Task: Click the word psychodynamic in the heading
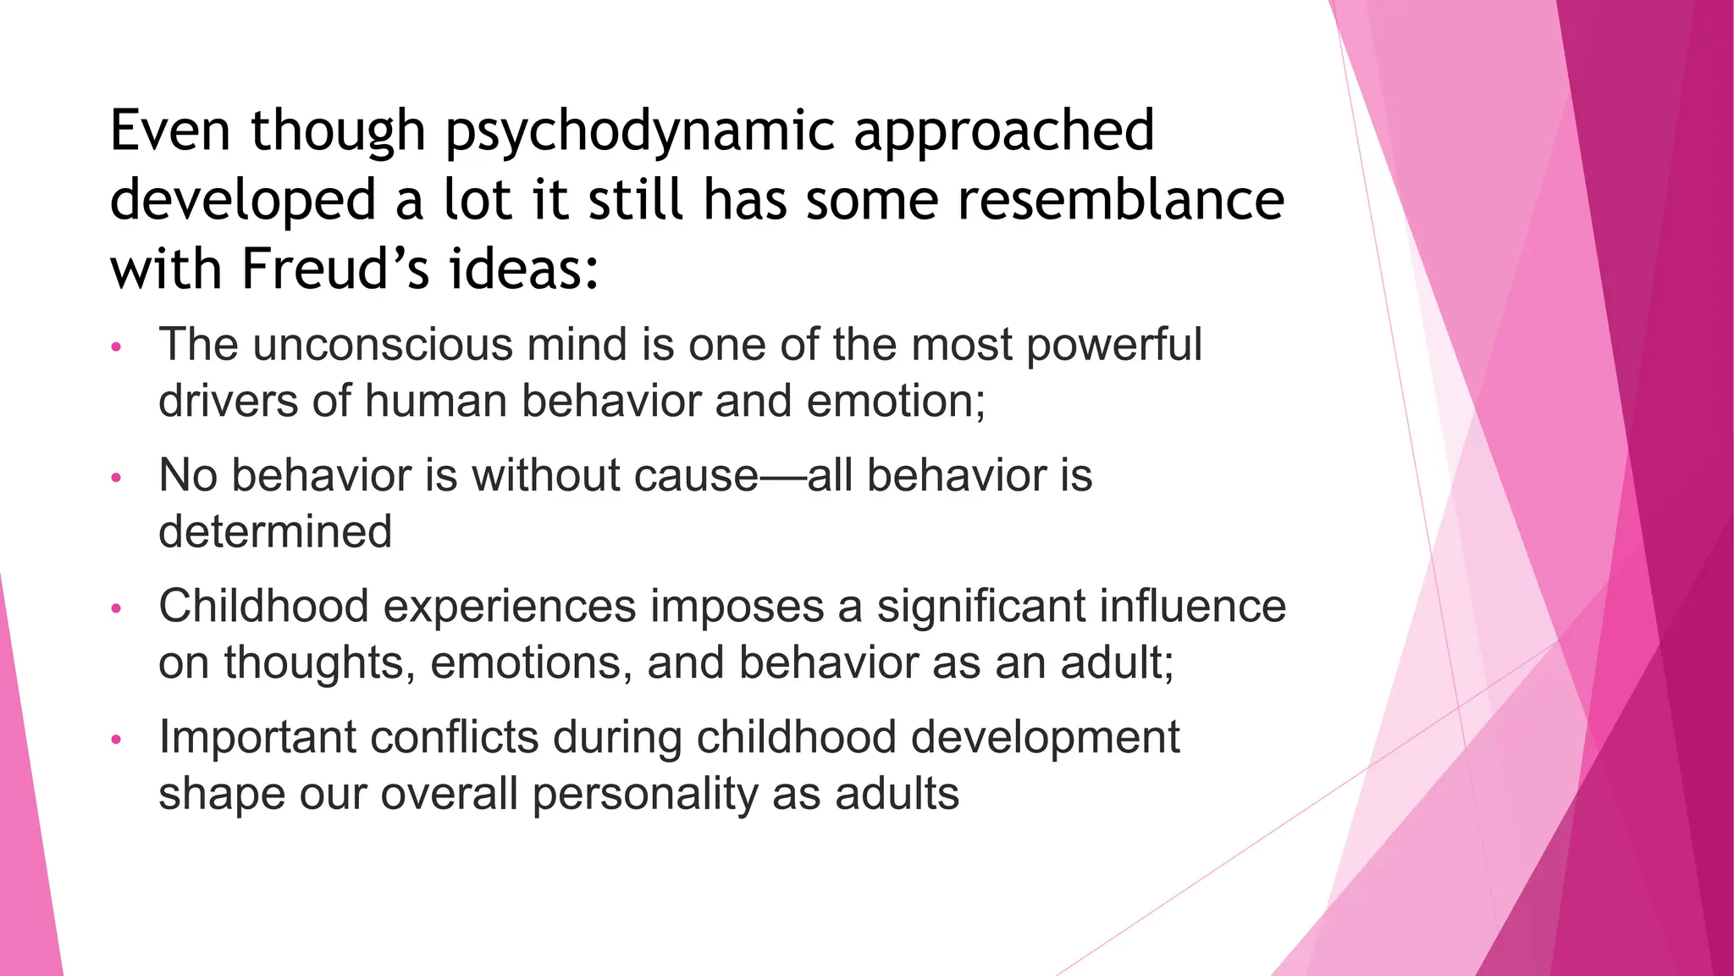(641, 132)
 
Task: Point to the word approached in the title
(1003, 132)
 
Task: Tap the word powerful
(1113, 346)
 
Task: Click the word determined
(275, 532)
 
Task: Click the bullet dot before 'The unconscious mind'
(117, 347)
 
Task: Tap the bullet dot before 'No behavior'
(117, 479)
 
